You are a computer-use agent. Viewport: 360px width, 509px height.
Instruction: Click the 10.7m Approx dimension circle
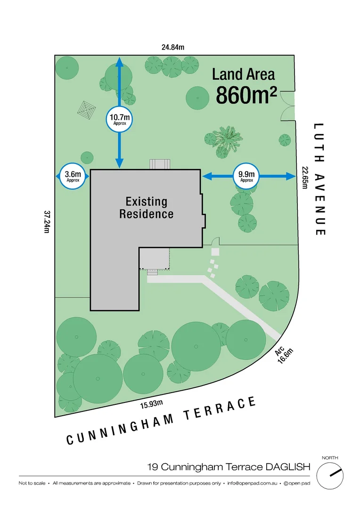point(120,120)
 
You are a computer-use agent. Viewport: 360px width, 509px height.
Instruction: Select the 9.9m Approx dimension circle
point(246,176)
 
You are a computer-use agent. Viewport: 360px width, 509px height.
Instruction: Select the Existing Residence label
point(146,208)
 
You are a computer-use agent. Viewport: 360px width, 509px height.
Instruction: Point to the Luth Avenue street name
point(319,179)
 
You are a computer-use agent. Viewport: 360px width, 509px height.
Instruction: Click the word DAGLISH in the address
point(287,467)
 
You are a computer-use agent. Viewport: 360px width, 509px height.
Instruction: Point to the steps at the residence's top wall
point(159,164)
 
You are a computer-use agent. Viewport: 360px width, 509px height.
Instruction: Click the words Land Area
point(243,74)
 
